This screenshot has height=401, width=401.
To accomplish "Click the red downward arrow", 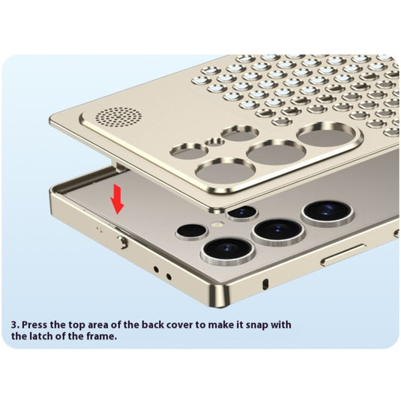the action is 117,199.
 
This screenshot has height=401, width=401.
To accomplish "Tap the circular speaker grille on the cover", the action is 118,118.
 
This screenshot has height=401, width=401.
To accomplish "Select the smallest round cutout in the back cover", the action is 215,142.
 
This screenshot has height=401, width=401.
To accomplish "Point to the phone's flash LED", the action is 217,225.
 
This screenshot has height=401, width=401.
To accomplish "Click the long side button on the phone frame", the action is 343,255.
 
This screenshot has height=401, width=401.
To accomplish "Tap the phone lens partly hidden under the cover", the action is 242,212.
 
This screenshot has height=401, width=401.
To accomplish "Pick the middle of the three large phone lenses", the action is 278,232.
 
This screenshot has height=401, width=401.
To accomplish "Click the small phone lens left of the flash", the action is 192,232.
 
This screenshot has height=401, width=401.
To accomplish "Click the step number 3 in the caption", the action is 15,325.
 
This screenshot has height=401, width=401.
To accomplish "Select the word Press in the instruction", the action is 34,325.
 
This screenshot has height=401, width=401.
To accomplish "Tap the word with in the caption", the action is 280,325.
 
